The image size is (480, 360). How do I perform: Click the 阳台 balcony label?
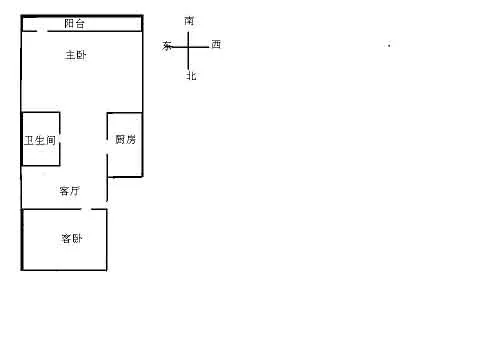(x=74, y=23)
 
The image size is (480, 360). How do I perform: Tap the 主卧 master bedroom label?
(x=76, y=55)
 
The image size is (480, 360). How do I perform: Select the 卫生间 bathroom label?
(x=40, y=140)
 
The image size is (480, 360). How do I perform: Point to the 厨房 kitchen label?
(x=126, y=139)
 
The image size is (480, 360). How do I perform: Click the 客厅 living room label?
(x=70, y=191)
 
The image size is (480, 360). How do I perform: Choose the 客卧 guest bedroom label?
(x=72, y=238)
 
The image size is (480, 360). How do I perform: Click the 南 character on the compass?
(x=189, y=21)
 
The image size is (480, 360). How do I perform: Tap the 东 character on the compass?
(x=167, y=46)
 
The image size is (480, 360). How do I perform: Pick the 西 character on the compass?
(x=216, y=44)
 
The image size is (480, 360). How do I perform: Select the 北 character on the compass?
(x=191, y=76)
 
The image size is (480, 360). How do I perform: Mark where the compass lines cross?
(x=188, y=47)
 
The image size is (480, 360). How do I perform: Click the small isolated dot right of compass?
(x=389, y=45)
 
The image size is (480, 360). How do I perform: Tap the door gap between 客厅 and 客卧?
(x=86, y=209)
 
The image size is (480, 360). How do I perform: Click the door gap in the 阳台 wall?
(x=42, y=31)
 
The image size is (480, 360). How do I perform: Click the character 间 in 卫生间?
(x=50, y=140)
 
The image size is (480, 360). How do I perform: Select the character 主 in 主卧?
(x=70, y=55)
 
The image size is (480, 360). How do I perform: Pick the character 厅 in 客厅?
(x=75, y=191)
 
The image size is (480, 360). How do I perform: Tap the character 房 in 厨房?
(x=131, y=139)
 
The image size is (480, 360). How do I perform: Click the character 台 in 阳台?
(x=80, y=23)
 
